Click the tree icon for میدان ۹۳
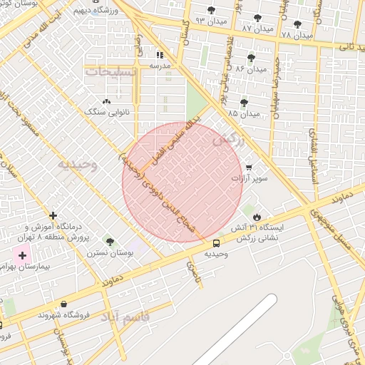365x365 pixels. point(211,9)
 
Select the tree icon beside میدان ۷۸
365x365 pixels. point(297,24)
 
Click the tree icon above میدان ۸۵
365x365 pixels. point(244,103)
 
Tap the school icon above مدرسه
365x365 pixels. point(160,54)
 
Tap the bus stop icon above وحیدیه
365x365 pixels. point(217,242)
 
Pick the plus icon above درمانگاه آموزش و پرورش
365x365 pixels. point(53,215)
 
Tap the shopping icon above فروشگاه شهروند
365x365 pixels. point(64,304)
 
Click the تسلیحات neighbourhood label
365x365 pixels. point(110,72)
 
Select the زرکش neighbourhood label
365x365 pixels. point(228,140)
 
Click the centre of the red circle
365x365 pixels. point(182,182)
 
